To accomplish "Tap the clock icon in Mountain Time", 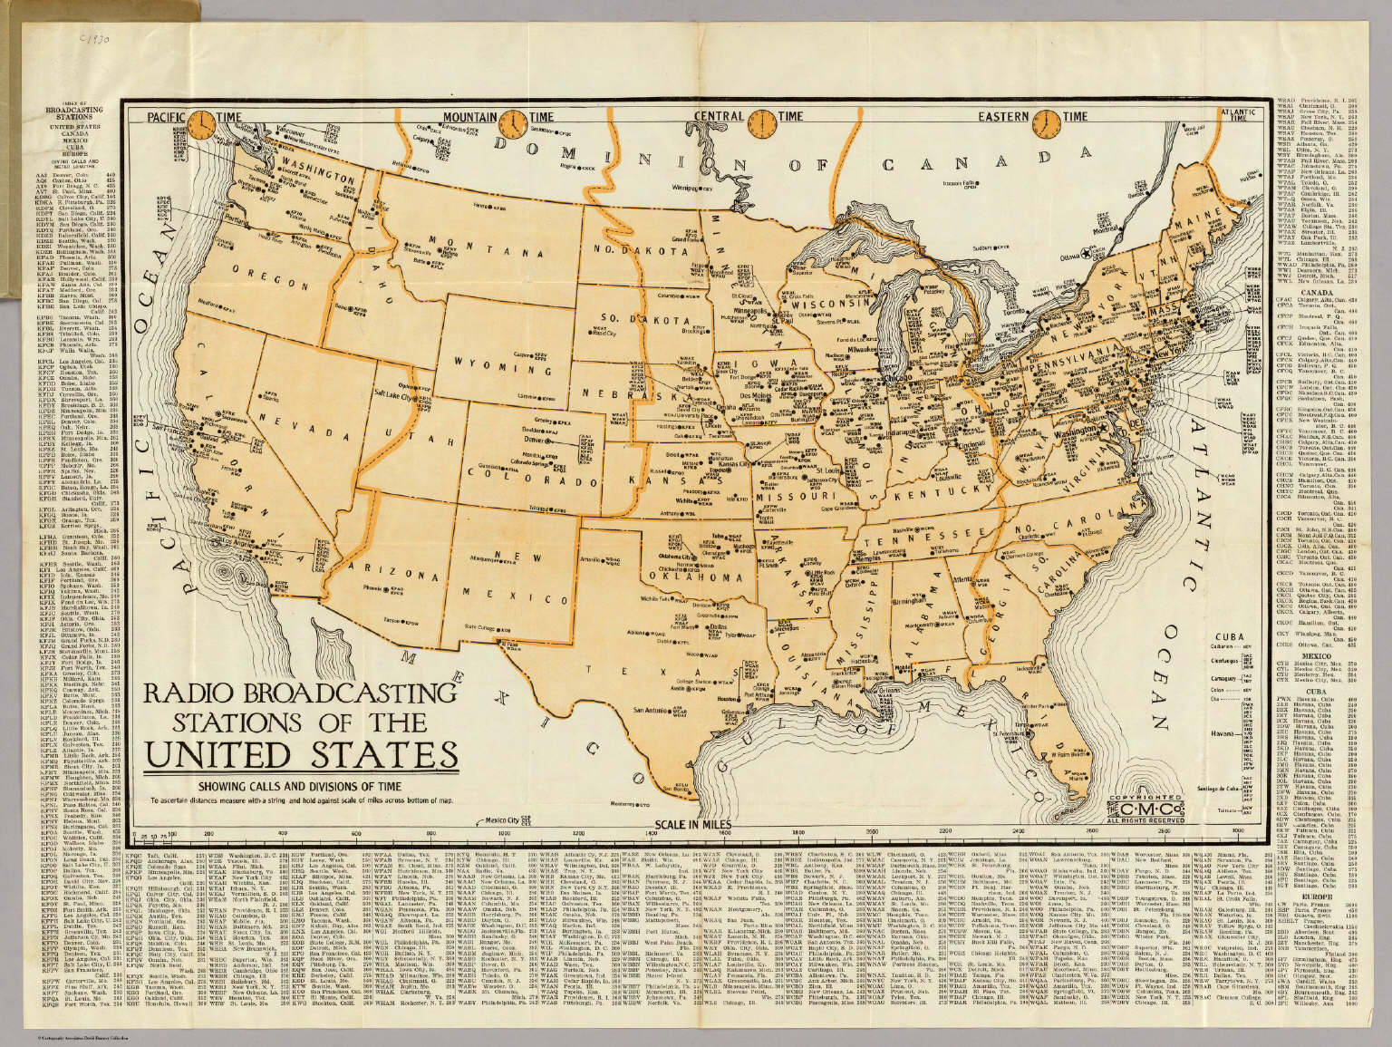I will (x=513, y=122).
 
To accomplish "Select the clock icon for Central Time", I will (x=763, y=122).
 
